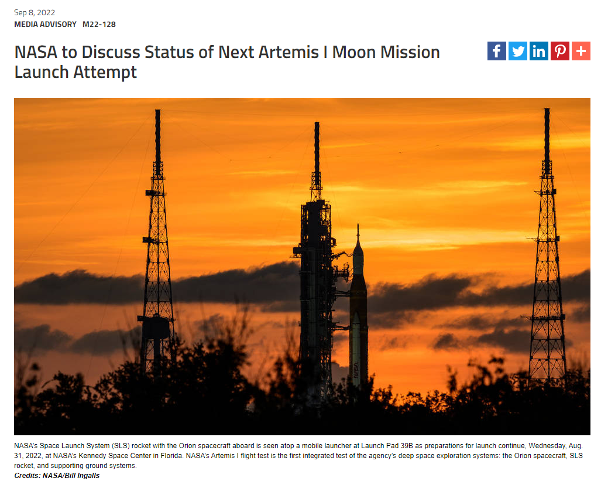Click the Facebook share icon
[x=496, y=51]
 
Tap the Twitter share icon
[x=517, y=51]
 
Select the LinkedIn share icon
[x=538, y=51]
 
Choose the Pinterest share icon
[x=559, y=51]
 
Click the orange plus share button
[x=581, y=51]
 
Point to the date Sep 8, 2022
[x=35, y=13]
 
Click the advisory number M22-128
[x=99, y=24]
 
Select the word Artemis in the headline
[x=289, y=52]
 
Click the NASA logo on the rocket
[x=356, y=370]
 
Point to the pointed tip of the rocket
[x=358, y=225]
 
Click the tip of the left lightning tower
[x=157, y=111]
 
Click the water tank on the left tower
[x=156, y=327]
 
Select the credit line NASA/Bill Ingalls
[x=71, y=476]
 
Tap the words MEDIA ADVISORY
[x=45, y=24]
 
